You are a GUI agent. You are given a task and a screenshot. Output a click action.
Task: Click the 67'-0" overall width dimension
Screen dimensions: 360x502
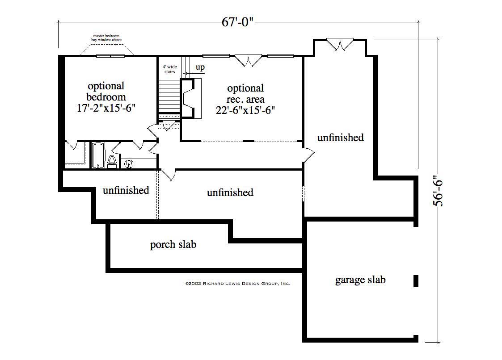[x=238, y=21]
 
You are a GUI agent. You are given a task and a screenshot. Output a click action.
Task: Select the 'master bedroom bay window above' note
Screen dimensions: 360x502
[x=106, y=38]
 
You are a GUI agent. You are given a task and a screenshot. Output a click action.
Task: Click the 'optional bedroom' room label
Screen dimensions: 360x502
[x=106, y=91]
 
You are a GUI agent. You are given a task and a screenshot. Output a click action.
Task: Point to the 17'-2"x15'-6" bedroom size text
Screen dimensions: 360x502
[x=106, y=108]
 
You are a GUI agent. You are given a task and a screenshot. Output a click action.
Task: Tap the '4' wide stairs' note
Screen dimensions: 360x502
[x=169, y=69]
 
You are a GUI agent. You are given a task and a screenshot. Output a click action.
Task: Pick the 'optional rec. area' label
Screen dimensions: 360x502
[x=245, y=93]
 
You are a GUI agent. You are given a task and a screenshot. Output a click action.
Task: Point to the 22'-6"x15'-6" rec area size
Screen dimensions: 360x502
[x=245, y=110]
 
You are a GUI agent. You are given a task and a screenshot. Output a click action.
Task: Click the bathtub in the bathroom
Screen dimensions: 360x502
[x=98, y=155]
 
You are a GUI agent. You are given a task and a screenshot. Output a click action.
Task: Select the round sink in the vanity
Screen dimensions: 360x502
[x=129, y=164]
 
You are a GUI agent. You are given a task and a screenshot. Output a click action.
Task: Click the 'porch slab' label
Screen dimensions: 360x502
[x=173, y=245]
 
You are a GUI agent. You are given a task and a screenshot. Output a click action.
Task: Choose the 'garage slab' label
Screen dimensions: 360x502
[x=360, y=280]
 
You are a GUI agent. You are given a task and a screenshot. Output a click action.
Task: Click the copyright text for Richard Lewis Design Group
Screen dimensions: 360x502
[x=237, y=283]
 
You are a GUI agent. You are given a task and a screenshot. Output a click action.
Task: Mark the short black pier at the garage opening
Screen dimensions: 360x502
[x=416, y=280]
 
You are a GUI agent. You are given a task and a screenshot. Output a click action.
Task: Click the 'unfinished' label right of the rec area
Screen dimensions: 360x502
[x=340, y=138]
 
